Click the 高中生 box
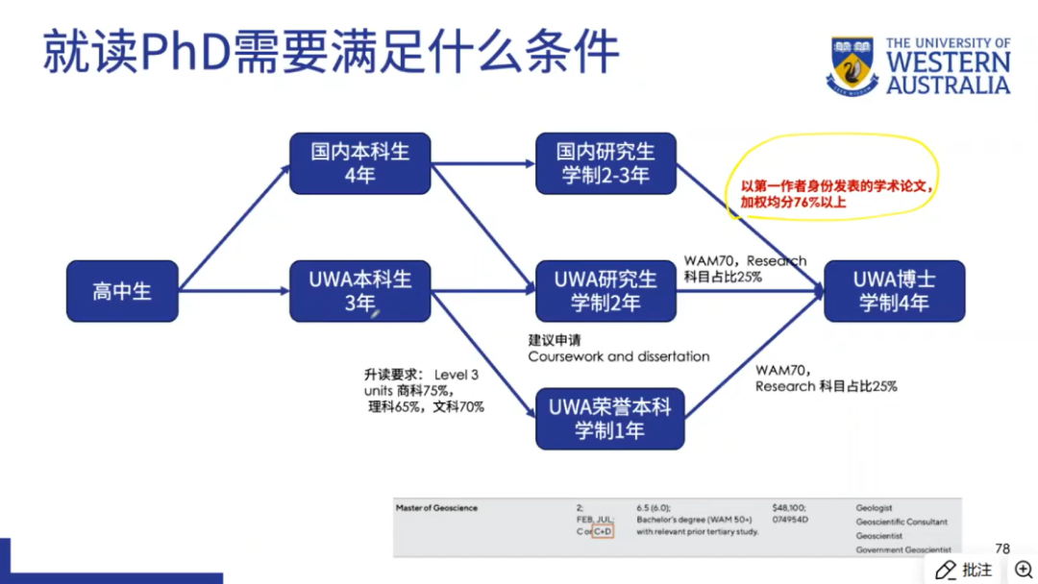[x=122, y=291]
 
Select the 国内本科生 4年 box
[x=359, y=163]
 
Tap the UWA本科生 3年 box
[x=359, y=291]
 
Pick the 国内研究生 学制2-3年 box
[x=605, y=163]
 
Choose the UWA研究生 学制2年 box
[x=605, y=291]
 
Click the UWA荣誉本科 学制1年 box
[x=609, y=419]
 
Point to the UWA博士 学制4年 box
[x=894, y=291]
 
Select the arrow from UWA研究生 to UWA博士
[x=750, y=290]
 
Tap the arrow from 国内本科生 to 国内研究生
[x=482, y=163]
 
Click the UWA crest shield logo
[x=852, y=65]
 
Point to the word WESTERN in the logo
[x=948, y=62]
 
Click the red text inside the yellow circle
[x=836, y=195]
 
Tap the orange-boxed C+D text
[x=603, y=531]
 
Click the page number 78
[x=1002, y=548]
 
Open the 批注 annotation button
[x=965, y=570]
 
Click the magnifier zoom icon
[x=1023, y=570]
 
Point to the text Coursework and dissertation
[x=618, y=356]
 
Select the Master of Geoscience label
[x=436, y=508]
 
